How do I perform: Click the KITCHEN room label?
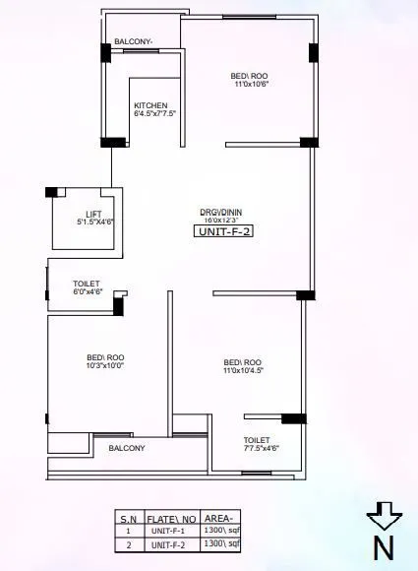point(150,105)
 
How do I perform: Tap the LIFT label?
point(94,214)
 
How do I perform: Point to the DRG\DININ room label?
point(220,212)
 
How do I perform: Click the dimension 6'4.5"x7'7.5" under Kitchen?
point(155,114)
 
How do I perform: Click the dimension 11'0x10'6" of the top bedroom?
point(252,84)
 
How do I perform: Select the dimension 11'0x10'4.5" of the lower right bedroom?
point(244,369)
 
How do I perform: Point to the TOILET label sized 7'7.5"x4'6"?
point(258,440)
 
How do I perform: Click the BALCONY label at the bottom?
point(127,448)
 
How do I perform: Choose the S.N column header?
point(129,517)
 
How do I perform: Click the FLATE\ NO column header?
point(174,517)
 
